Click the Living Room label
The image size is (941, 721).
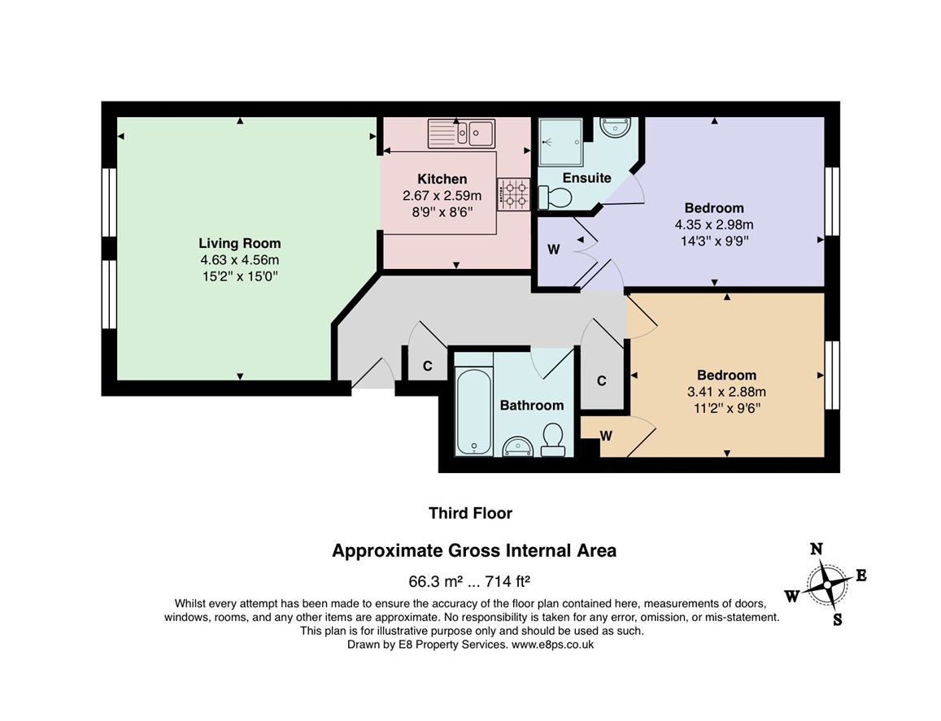coord(239,243)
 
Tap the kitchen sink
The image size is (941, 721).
coord(461,133)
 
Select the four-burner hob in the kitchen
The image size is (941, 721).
coord(513,194)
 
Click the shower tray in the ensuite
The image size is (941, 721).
coord(560,142)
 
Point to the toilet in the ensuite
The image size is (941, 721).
coord(555,198)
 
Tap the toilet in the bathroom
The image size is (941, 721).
coord(553,440)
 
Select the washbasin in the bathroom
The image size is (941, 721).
coord(517,446)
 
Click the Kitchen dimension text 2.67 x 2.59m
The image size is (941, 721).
coord(442,196)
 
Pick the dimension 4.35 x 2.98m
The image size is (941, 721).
coord(714,225)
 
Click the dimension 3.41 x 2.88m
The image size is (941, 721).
coord(726,393)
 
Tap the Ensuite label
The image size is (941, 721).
coord(586,178)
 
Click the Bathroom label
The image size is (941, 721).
coord(532,406)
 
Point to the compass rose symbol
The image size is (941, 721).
coord(826,584)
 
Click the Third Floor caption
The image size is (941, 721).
coord(470,514)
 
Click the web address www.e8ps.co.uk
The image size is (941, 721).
coord(553,645)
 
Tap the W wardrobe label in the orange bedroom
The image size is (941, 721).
coord(606,436)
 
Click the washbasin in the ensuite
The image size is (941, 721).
coord(615,128)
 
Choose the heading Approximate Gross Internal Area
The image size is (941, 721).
coord(474,550)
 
